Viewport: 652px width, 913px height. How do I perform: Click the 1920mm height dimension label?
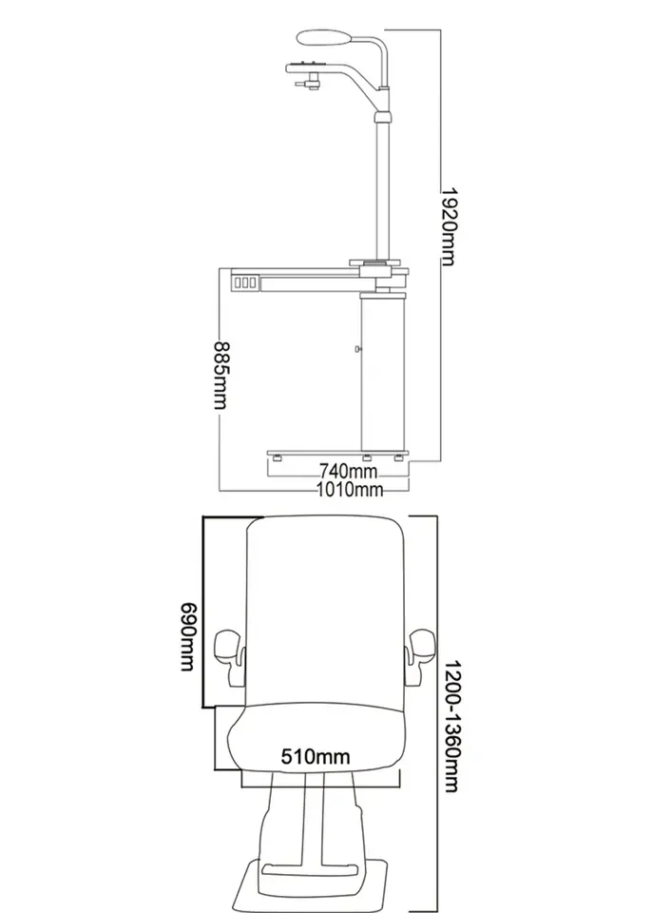coord(448,226)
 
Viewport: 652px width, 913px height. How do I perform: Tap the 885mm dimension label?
coord(221,375)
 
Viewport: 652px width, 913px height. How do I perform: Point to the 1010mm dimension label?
coord(350,489)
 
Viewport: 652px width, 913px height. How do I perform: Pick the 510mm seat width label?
coord(316,756)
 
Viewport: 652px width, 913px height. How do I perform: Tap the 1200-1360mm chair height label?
coord(453,726)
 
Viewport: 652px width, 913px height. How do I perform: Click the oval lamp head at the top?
coord(324,38)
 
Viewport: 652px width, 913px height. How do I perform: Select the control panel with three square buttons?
coord(245,283)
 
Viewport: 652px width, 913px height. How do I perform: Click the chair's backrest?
coord(325,612)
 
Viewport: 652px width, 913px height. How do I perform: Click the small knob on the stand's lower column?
coord(358,349)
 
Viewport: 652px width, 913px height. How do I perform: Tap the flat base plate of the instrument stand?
coord(337,453)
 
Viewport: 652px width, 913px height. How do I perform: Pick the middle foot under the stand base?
coord(368,458)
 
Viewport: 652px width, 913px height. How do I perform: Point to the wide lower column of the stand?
coord(382,372)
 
